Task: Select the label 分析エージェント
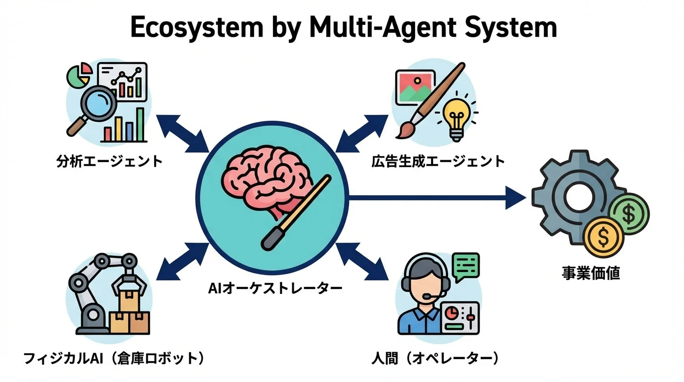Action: click(109, 161)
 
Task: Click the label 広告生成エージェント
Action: click(438, 161)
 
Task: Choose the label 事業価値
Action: click(591, 273)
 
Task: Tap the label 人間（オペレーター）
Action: click(435, 359)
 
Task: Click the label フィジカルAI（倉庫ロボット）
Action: click(114, 359)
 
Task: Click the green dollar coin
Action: click(629, 214)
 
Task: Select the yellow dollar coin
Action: click(603, 238)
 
